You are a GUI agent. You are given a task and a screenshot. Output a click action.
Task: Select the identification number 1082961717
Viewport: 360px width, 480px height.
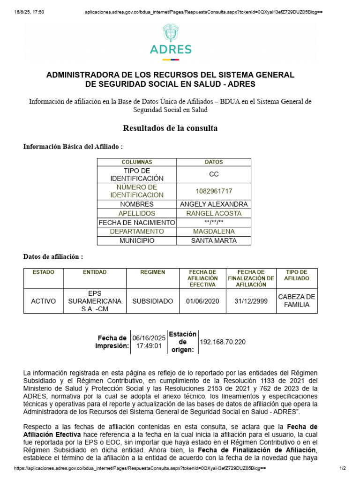[214, 191]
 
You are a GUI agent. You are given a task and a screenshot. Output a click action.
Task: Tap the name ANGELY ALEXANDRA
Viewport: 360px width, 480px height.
[214, 204]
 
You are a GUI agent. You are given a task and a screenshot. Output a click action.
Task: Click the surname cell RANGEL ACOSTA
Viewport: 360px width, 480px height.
[214, 213]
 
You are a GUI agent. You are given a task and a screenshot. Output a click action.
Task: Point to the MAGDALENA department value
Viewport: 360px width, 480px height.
[214, 232]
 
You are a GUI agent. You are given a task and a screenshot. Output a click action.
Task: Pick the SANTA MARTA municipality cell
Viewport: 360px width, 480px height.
[214, 240]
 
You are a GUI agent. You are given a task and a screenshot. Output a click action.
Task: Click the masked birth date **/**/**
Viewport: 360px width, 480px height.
[214, 223]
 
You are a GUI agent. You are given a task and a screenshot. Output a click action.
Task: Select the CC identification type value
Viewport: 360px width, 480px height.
[214, 174]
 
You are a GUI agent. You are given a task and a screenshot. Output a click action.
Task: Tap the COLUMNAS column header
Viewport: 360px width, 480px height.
[137, 162]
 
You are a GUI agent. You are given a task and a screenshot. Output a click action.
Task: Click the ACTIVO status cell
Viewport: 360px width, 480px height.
[43, 301]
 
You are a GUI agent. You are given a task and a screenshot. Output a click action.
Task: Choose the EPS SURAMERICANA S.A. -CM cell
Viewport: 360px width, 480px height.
[95, 301]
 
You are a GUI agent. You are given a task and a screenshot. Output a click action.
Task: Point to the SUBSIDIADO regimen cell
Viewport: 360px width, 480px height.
[153, 301]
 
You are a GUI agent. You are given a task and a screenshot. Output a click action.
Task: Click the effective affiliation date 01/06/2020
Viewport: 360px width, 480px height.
[202, 301]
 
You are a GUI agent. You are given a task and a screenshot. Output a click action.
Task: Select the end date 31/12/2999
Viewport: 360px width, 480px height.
[251, 301]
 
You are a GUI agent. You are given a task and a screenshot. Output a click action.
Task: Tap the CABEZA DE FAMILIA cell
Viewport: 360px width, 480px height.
[297, 301]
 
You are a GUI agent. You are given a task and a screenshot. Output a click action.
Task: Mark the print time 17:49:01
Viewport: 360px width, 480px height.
[149, 346]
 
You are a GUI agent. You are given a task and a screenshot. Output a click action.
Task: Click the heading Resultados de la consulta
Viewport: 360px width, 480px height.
[170, 128]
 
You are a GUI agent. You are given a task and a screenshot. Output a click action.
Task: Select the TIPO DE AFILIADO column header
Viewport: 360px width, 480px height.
[297, 275]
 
